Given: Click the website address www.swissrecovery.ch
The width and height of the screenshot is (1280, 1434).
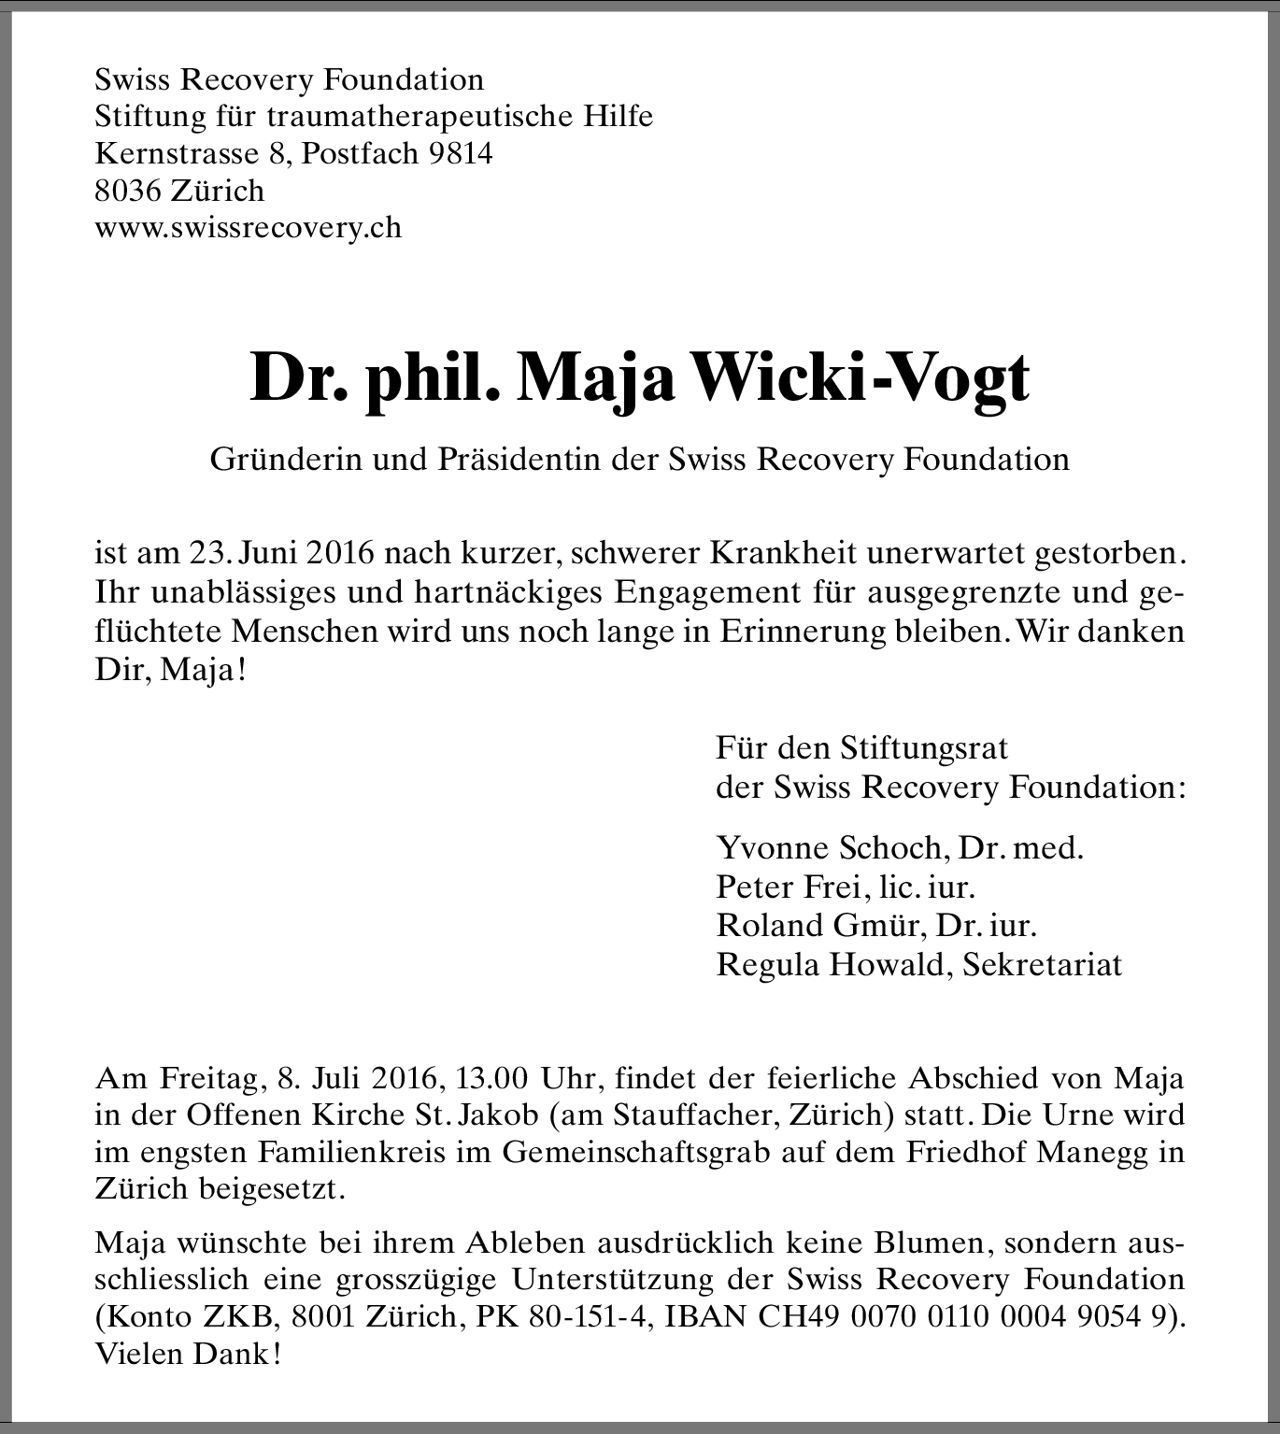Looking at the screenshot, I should click(249, 228).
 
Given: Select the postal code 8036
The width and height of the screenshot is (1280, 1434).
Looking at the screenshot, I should click(129, 191).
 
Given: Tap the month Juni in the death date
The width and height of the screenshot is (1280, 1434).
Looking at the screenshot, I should click(269, 553).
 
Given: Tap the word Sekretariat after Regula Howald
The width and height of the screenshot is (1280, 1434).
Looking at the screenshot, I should click(1042, 964).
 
